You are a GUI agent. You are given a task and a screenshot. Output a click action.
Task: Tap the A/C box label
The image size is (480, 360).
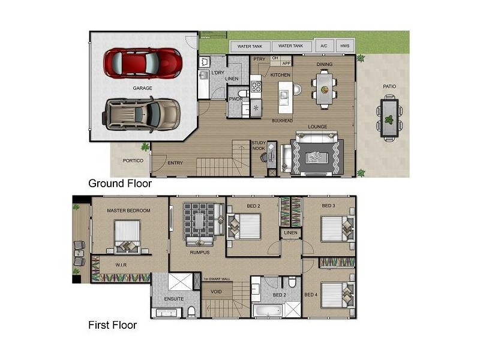coord(324,46)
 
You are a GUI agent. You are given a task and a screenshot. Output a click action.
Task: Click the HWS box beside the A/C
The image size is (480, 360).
coord(344,46)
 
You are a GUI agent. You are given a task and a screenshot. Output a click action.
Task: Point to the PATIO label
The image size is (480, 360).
coord(389,86)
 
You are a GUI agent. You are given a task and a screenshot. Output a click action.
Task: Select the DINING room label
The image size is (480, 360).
coord(325,64)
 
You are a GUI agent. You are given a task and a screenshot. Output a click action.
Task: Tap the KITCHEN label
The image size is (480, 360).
coord(280,75)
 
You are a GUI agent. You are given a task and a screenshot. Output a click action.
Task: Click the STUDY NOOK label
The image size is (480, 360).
coord(259,146)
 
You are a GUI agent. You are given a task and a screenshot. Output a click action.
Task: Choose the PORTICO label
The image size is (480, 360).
coord(132,161)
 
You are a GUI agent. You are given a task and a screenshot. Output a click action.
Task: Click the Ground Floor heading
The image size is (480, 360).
coord(120,184)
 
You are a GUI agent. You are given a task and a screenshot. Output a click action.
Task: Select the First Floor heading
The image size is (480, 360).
coord(112,326)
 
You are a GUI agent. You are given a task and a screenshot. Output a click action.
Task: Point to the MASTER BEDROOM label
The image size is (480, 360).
coord(128,211)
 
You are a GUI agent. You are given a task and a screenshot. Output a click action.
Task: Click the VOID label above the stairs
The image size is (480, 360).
coord(217,293)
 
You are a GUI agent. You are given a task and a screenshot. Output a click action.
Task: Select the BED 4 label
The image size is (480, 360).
coord(310,295)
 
